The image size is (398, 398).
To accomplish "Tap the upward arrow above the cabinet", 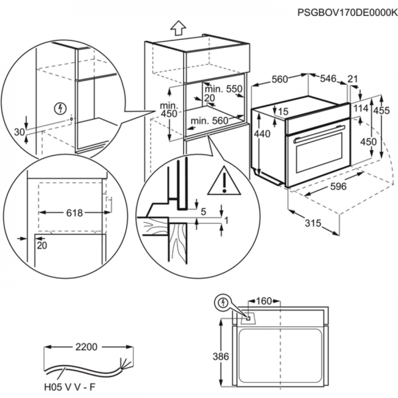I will coord(178,28).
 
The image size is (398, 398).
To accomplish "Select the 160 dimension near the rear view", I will coord(263,301).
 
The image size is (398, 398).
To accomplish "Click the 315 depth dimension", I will coord(313,223).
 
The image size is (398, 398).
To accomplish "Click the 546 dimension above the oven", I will coord(328,78).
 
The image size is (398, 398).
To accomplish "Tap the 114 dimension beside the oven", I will coord(361,108).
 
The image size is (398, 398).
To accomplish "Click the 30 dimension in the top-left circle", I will coord(18,132).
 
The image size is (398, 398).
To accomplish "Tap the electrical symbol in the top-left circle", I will coord(59,108).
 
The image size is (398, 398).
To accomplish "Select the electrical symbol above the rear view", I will coord(223,302).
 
